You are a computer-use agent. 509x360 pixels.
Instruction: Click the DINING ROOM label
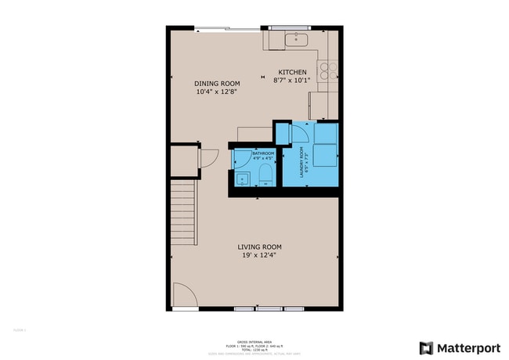217,83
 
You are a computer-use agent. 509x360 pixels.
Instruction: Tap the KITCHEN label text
290,72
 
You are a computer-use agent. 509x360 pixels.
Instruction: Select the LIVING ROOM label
259,247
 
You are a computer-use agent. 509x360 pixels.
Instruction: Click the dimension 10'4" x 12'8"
217,92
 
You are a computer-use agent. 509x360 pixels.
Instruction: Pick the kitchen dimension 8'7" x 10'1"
292,80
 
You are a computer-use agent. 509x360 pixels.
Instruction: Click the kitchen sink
298,39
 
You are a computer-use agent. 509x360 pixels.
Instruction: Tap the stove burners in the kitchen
329,70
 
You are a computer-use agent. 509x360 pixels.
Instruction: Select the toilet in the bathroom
265,173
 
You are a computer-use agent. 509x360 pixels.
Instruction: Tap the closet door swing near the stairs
208,157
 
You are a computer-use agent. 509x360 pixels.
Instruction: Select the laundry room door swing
298,135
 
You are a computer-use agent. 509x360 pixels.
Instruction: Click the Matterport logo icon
427,347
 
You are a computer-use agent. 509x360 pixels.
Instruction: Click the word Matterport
467,347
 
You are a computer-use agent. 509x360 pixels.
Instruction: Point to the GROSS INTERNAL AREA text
256,341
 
